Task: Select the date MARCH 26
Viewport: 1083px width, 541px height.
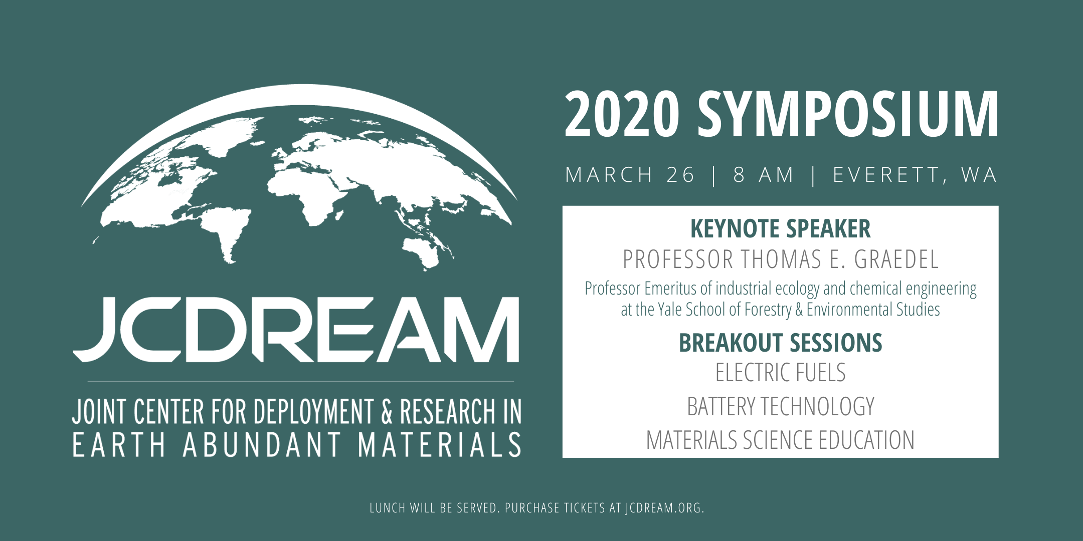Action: pyautogui.click(x=630, y=175)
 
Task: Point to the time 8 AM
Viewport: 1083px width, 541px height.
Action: pyautogui.click(x=764, y=175)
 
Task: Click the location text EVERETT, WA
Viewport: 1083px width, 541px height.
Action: pyautogui.click(x=915, y=175)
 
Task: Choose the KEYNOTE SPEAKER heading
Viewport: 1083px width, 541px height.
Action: pyautogui.click(x=781, y=229)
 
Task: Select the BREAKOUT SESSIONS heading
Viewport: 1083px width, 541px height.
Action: pyautogui.click(x=781, y=343)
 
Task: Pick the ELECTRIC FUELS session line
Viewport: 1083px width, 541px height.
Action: pyautogui.click(x=781, y=373)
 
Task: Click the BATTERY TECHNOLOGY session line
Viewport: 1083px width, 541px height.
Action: pyautogui.click(x=781, y=406)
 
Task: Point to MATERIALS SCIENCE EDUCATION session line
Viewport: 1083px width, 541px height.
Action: pyautogui.click(x=781, y=440)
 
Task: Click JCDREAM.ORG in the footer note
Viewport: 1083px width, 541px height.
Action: pyautogui.click(x=665, y=508)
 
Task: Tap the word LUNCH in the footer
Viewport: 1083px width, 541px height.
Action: pyautogui.click(x=388, y=508)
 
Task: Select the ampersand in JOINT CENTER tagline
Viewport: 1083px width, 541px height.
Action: pyautogui.click(x=387, y=412)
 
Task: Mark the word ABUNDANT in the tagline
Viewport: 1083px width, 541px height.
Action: pyautogui.click(x=262, y=445)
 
